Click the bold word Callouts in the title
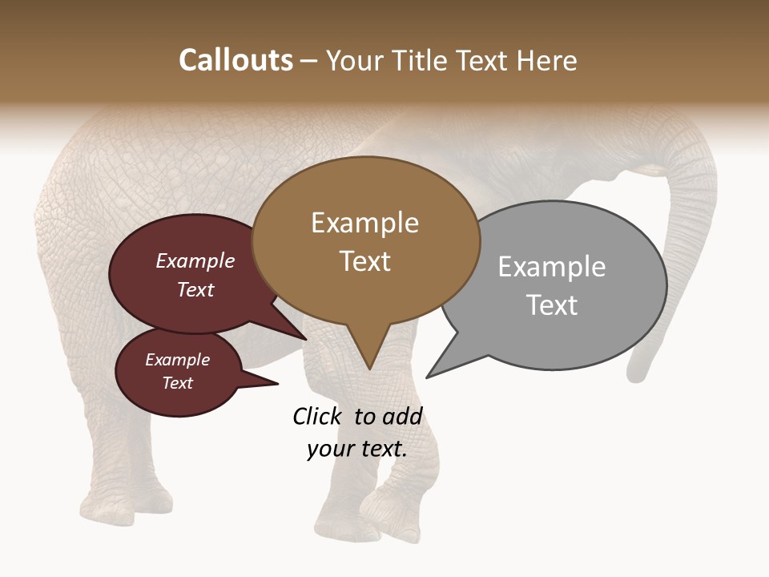pyautogui.click(x=236, y=60)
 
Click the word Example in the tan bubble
pyautogui.click(x=364, y=223)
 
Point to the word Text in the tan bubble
pyautogui.click(x=364, y=260)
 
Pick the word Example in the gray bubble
pyautogui.click(x=551, y=266)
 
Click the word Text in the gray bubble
pyautogui.click(x=551, y=305)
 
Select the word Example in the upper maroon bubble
pyautogui.click(x=195, y=260)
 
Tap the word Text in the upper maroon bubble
pyautogui.click(x=195, y=289)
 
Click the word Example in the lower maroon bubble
pyautogui.click(x=177, y=360)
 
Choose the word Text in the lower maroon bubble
pyautogui.click(x=177, y=383)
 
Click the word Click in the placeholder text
pyautogui.click(x=317, y=416)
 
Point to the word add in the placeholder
pyautogui.click(x=403, y=416)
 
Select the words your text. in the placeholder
pyautogui.click(x=356, y=449)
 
